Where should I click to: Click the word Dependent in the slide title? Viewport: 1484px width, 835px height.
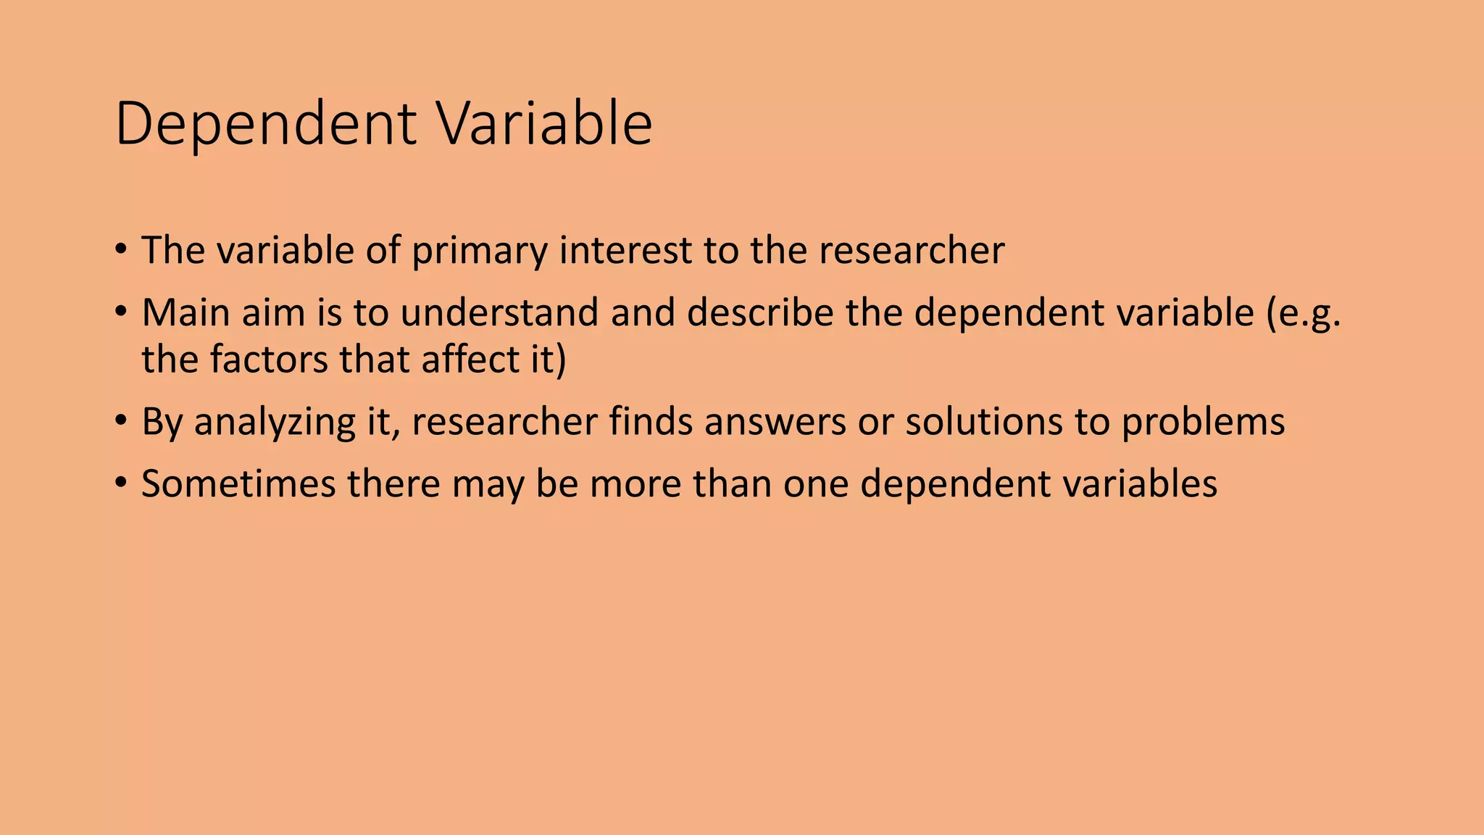265,125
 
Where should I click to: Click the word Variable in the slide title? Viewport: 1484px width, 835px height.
546,125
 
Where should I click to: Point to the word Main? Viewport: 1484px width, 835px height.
185,313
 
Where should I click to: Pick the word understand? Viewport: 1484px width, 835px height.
499,313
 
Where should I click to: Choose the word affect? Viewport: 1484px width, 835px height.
465,360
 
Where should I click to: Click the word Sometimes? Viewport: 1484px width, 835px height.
238,484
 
